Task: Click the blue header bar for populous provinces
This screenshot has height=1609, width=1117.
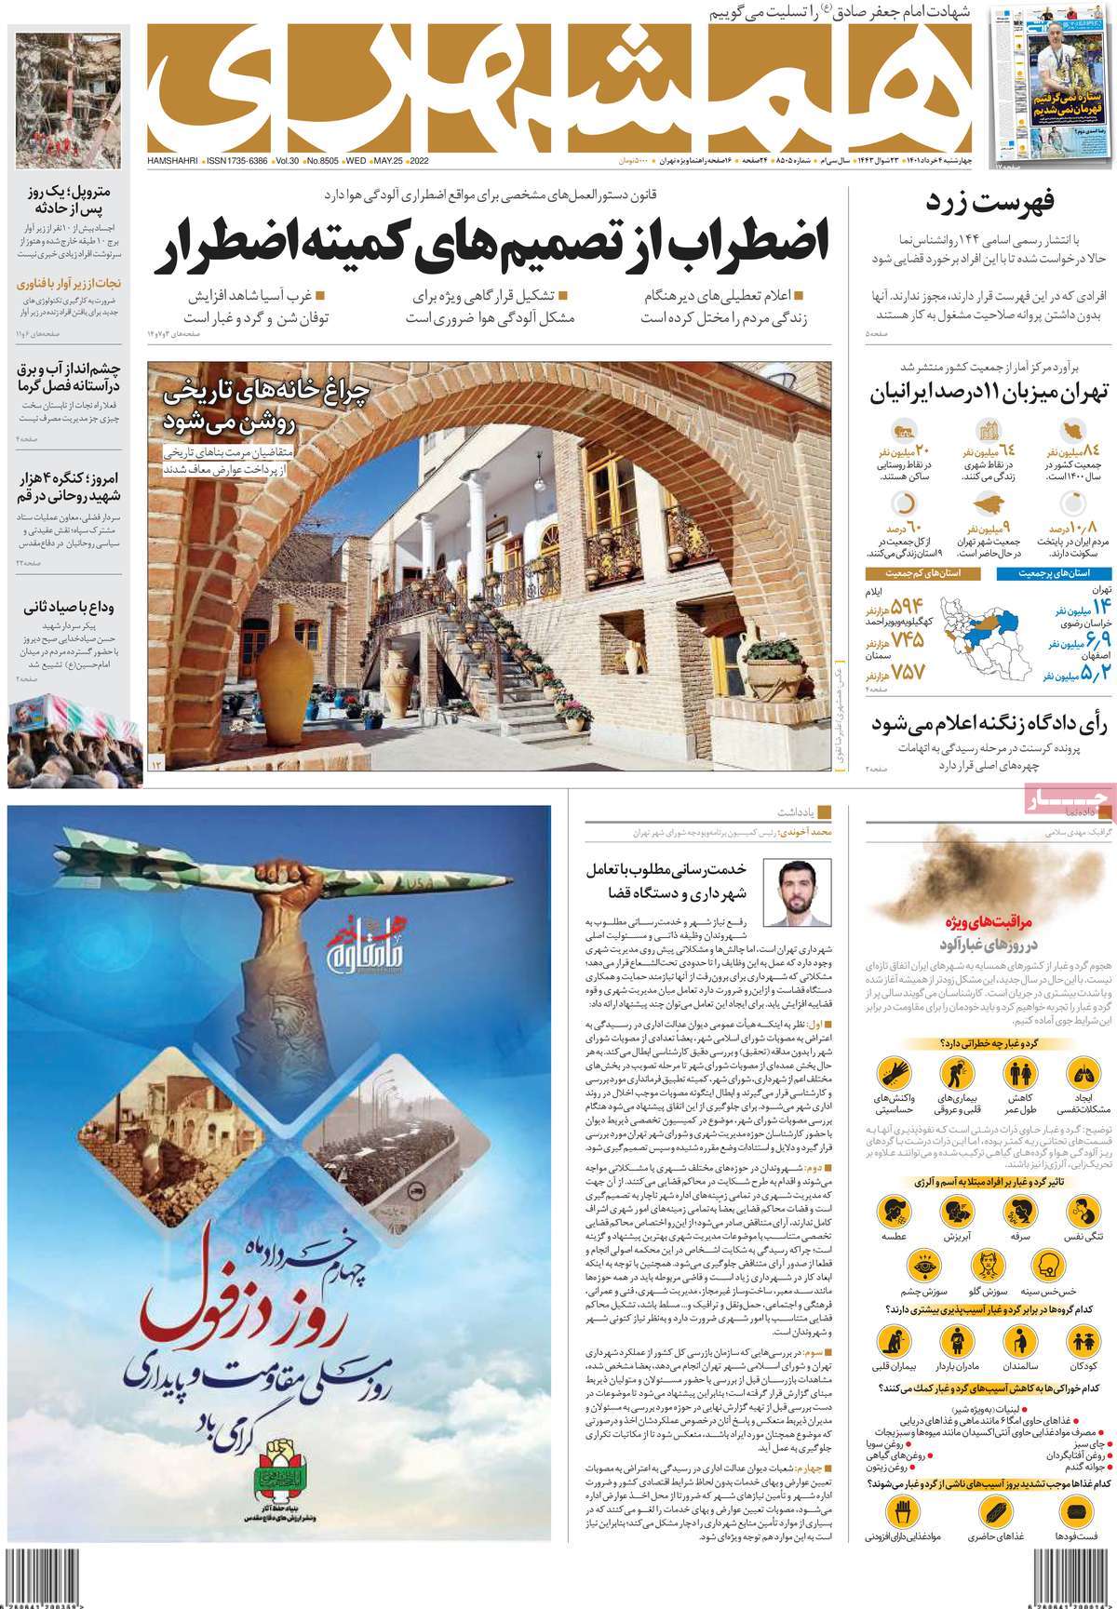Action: point(1055,574)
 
